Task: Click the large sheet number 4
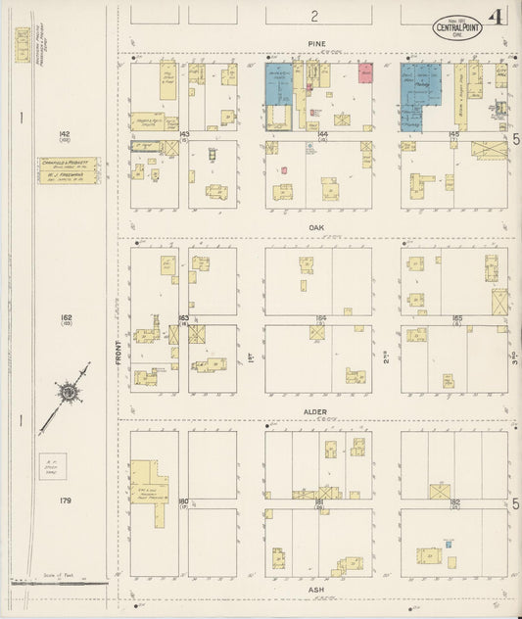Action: coord(499,18)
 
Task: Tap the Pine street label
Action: coord(315,44)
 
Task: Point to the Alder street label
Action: coord(315,412)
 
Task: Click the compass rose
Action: coord(69,393)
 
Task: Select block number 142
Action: coord(65,133)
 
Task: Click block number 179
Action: coord(65,501)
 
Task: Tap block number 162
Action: coord(65,316)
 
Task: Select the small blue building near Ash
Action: coord(448,544)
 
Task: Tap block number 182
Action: coord(455,500)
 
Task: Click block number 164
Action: coord(320,317)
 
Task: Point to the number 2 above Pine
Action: coord(315,16)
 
